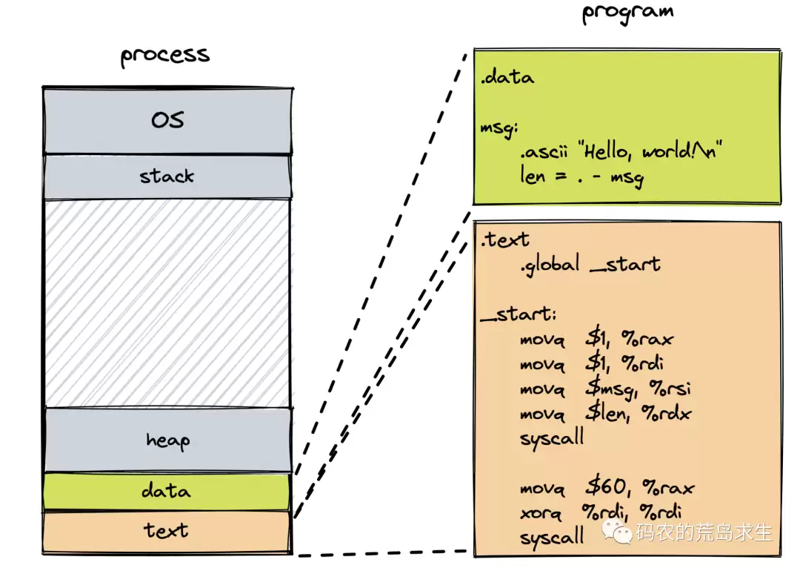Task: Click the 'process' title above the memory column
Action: coord(165,56)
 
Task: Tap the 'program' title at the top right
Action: coord(627,13)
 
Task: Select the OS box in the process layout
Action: coord(167,120)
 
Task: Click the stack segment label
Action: coord(167,176)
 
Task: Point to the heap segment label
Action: coord(167,440)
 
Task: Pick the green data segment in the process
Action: coord(166,491)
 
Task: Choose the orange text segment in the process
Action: coord(166,531)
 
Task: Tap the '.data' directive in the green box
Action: coord(507,77)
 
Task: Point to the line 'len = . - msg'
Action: coord(581,178)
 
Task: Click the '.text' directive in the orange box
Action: coord(504,240)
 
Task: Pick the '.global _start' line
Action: coord(590,264)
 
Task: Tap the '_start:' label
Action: coord(518,314)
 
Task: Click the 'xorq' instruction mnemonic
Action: coord(540,512)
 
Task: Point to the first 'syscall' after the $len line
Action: coord(551,437)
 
